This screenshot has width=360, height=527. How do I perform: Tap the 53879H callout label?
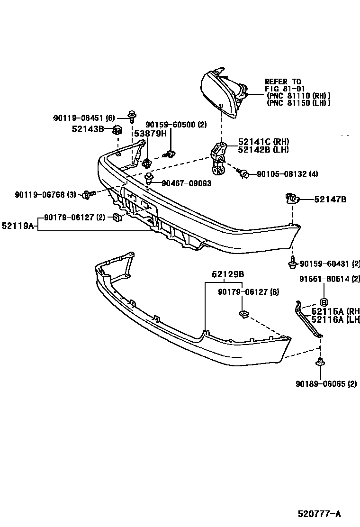click(150, 134)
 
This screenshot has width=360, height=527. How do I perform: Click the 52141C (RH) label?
click(263, 142)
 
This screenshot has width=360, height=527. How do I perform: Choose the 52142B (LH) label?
click(263, 150)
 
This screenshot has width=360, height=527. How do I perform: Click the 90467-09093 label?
click(186, 183)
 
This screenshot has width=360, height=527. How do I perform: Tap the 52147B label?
click(330, 200)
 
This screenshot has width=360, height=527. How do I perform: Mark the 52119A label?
click(18, 226)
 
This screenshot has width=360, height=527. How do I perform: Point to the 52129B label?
click(228, 274)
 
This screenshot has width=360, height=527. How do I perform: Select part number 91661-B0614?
click(324, 279)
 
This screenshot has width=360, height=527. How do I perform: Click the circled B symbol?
click(324, 302)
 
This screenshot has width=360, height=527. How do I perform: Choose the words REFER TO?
click(283, 82)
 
